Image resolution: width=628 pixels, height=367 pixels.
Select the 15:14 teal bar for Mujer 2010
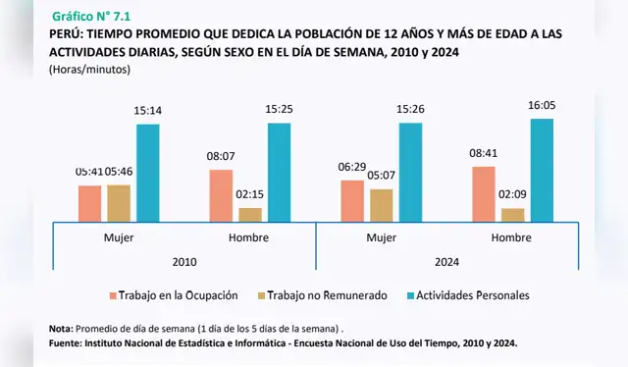(147, 173)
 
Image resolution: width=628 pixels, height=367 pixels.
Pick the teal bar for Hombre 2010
(279, 172)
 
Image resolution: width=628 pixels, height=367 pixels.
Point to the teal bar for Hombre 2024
(542, 169)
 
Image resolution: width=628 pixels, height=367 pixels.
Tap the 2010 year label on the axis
(184, 262)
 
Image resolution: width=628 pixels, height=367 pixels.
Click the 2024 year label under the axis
(445, 262)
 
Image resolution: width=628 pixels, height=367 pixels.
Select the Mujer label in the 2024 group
(382, 238)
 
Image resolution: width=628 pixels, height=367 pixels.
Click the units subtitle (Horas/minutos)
(89, 70)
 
